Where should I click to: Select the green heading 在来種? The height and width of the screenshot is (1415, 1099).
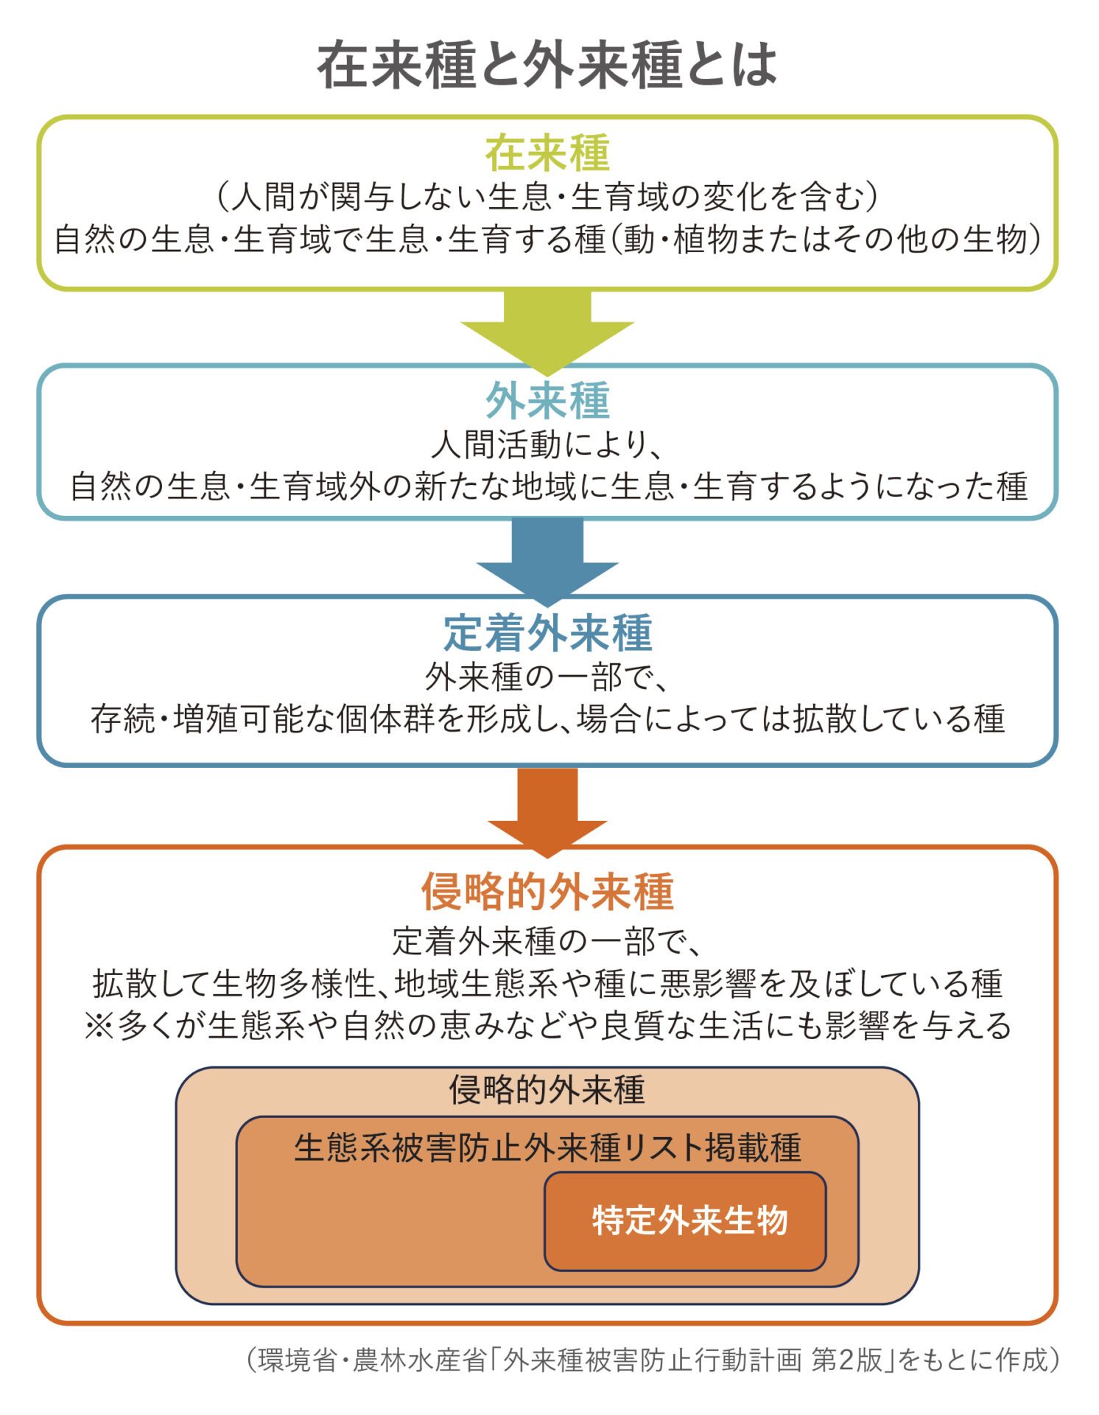point(547,153)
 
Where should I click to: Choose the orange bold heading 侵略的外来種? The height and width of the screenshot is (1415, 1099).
point(547,892)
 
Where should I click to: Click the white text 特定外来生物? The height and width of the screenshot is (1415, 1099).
point(689,1220)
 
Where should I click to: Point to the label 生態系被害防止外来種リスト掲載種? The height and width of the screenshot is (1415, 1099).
point(547,1148)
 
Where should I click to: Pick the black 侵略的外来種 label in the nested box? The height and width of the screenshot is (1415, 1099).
point(547,1090)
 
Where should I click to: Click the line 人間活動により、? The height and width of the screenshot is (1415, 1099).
point(547,444)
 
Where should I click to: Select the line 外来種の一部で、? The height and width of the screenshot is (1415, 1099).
point(547,677)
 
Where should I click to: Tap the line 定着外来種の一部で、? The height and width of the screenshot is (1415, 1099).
point(547,941)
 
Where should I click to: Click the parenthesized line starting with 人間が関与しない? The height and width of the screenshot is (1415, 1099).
point(547,196)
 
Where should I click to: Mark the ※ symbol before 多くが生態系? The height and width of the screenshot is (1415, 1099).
point(98,1026)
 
